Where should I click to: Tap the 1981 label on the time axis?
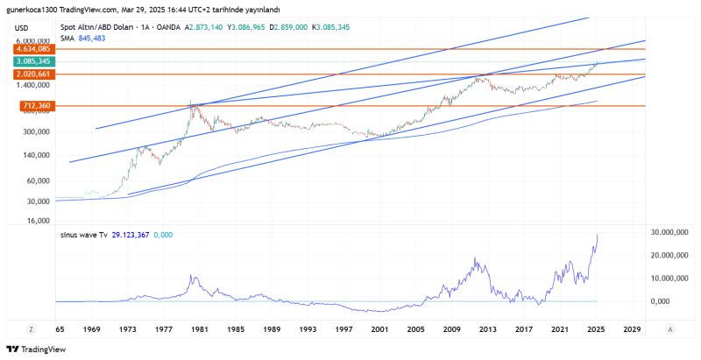201,329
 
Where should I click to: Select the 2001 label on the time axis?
379,329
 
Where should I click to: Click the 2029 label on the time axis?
630,329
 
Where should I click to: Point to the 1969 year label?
92,329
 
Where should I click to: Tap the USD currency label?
24,28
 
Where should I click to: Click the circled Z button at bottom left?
32,329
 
